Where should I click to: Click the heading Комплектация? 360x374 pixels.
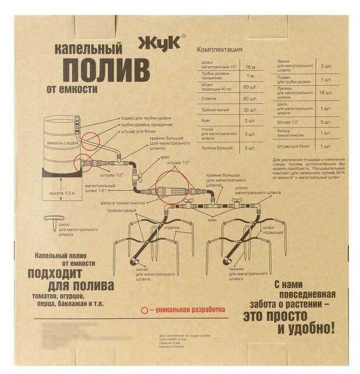[x=220, y=50]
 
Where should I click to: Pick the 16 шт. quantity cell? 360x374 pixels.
[x=325, y=93]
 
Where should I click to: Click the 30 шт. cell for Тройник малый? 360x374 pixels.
[x=250, y=109]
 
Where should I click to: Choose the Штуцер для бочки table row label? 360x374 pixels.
[x=291, y=146]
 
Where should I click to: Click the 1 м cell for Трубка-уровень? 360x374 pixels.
[x=250, y=76]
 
